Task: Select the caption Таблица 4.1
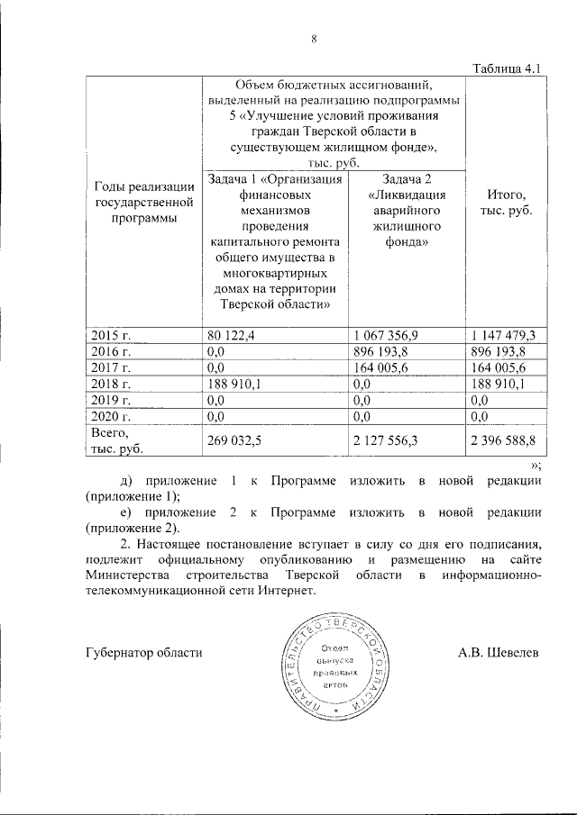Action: coord(506,69)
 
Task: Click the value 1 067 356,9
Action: coord(385,336)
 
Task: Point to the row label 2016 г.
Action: coord(113,352)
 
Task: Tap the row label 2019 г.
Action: coord(113,399)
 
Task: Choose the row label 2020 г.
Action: coord(113,415)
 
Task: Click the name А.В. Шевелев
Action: coord(498,652)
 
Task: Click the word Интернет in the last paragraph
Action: coord(287,591)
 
